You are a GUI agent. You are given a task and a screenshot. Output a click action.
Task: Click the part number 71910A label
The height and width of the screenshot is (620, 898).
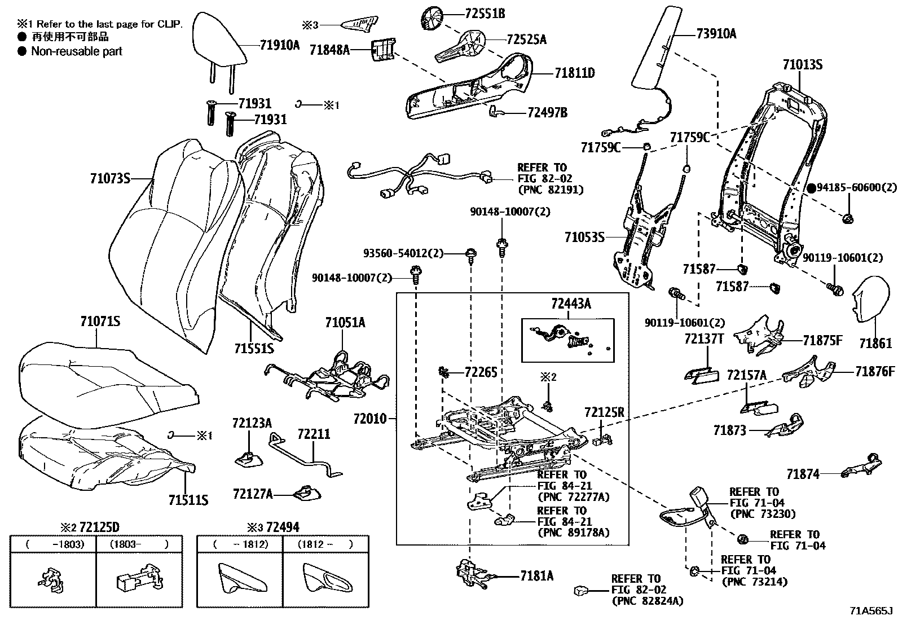tap(280, 46)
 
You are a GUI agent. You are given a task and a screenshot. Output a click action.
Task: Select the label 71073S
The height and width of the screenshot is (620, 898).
tap(110, 179)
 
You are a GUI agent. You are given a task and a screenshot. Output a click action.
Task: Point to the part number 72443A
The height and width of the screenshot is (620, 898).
tap(571, 305)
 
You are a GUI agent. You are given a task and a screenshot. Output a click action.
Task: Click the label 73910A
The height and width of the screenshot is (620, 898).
tap(716, 34)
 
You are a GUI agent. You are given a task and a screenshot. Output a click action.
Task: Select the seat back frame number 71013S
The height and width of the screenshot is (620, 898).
tap(802, 65)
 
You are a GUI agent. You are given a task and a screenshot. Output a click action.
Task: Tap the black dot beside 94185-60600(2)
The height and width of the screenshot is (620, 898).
tap(811, 188)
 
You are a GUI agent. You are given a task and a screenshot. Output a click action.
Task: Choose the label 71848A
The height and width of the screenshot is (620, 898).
tap(329, 50)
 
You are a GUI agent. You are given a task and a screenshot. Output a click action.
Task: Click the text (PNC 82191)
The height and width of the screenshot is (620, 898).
tap(550, 190)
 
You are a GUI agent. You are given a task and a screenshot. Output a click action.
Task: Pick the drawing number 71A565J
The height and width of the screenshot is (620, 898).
tap(872, 611)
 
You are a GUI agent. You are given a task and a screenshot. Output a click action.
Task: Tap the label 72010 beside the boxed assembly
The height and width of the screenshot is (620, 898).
tap(370, 419)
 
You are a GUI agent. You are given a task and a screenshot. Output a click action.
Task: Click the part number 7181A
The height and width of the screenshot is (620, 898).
tap(536, 575)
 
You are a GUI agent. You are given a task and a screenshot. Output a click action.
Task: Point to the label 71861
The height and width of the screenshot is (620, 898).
tap(875, 343)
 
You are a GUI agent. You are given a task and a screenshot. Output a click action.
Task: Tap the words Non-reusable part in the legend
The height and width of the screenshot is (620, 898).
tap(77, 51)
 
